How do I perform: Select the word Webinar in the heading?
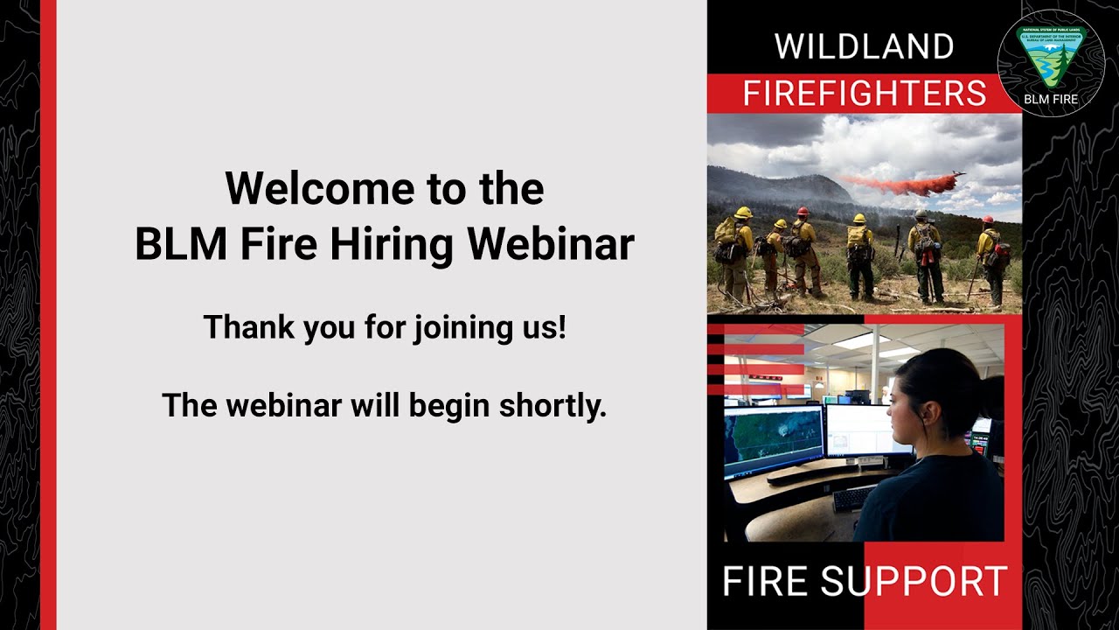click(551, 246)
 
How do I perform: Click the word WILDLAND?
click(864, 47)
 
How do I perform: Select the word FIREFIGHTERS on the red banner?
click(864, 94)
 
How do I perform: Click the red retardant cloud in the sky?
click(892, 184)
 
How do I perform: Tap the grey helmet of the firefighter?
click(921, 213)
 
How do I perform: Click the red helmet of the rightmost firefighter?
click(988, 220)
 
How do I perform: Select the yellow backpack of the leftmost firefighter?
click(726, 231)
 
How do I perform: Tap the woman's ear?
click(921, 412)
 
